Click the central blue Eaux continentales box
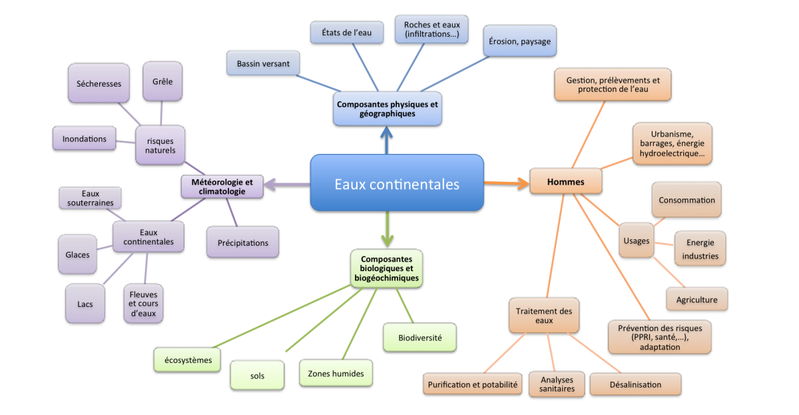click(397, 183)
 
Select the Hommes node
click(566, 181)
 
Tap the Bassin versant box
click(263, 64)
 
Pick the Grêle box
click(162, 81)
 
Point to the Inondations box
click(84, 139)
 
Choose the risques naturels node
click(160, 145)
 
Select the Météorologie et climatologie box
click(222, 186)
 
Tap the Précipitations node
click(242, 242)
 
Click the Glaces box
click(77, 254)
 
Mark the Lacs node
click(85, 304)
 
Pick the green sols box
click(257, 375)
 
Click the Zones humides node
click(336, 374)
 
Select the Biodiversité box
click(419, 337)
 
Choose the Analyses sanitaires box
click(557, 384)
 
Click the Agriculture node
click(696, 300)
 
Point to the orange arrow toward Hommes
click(506, 181)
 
